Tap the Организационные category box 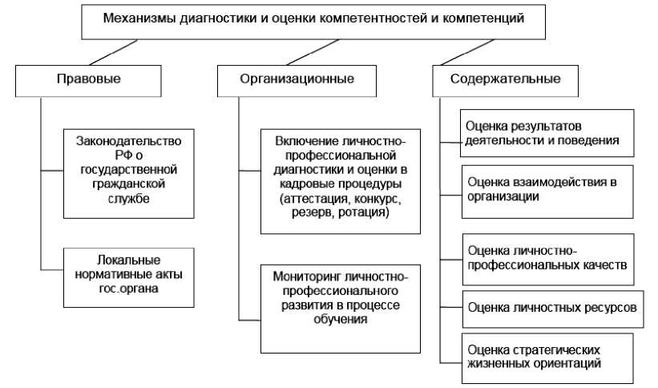coord(297,79)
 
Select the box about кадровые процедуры coord(341,178)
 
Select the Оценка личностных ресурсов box coord(553,308)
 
